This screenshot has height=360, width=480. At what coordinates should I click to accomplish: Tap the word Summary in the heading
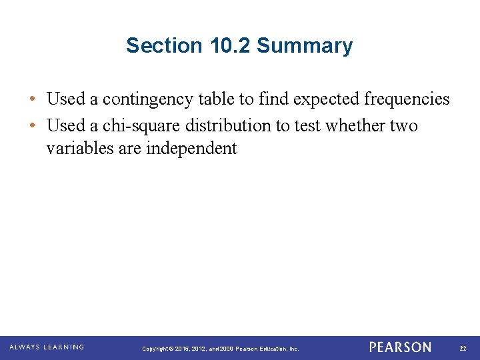click(305, 46)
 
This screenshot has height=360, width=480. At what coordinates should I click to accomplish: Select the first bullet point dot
click(33, 100)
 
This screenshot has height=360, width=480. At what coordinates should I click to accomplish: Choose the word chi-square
click(141, 126)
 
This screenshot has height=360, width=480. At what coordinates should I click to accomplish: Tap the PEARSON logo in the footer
click(400, 347)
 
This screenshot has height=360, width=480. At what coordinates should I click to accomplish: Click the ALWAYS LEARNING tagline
click(47, 347)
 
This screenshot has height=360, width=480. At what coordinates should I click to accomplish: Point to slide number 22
click(465, 348)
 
